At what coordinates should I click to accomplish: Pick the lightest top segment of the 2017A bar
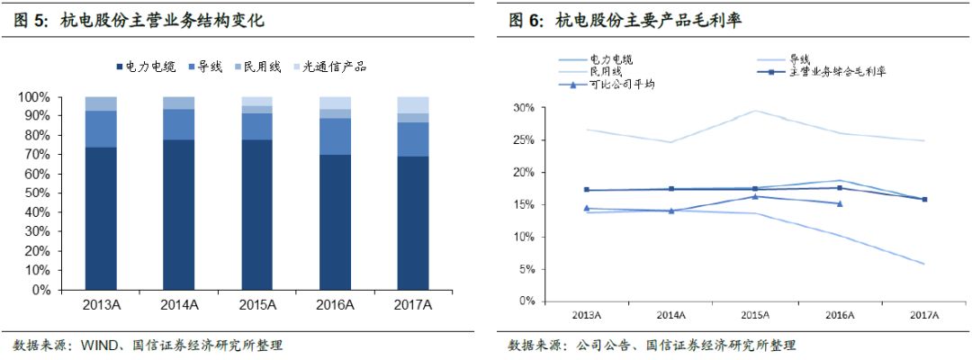[413, 104]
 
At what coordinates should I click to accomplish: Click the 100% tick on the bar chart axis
[35, 97]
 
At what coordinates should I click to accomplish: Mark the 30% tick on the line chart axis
[523, 108]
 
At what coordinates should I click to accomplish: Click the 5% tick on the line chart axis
[526, 269]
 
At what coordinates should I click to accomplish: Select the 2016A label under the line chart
[839, 314]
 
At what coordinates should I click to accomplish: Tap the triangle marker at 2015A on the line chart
[755, 196]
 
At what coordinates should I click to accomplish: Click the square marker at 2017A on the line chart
[924, 200]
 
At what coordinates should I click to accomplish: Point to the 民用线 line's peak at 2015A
[755, 111]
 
